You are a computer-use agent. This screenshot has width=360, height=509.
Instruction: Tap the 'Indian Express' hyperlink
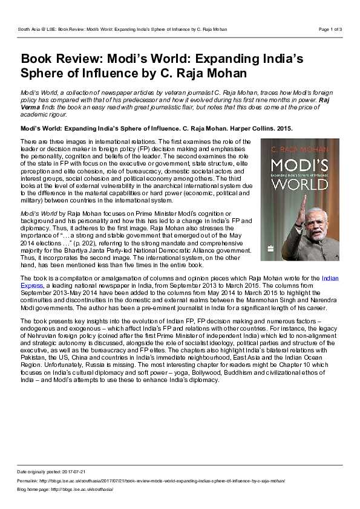point(330,278)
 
